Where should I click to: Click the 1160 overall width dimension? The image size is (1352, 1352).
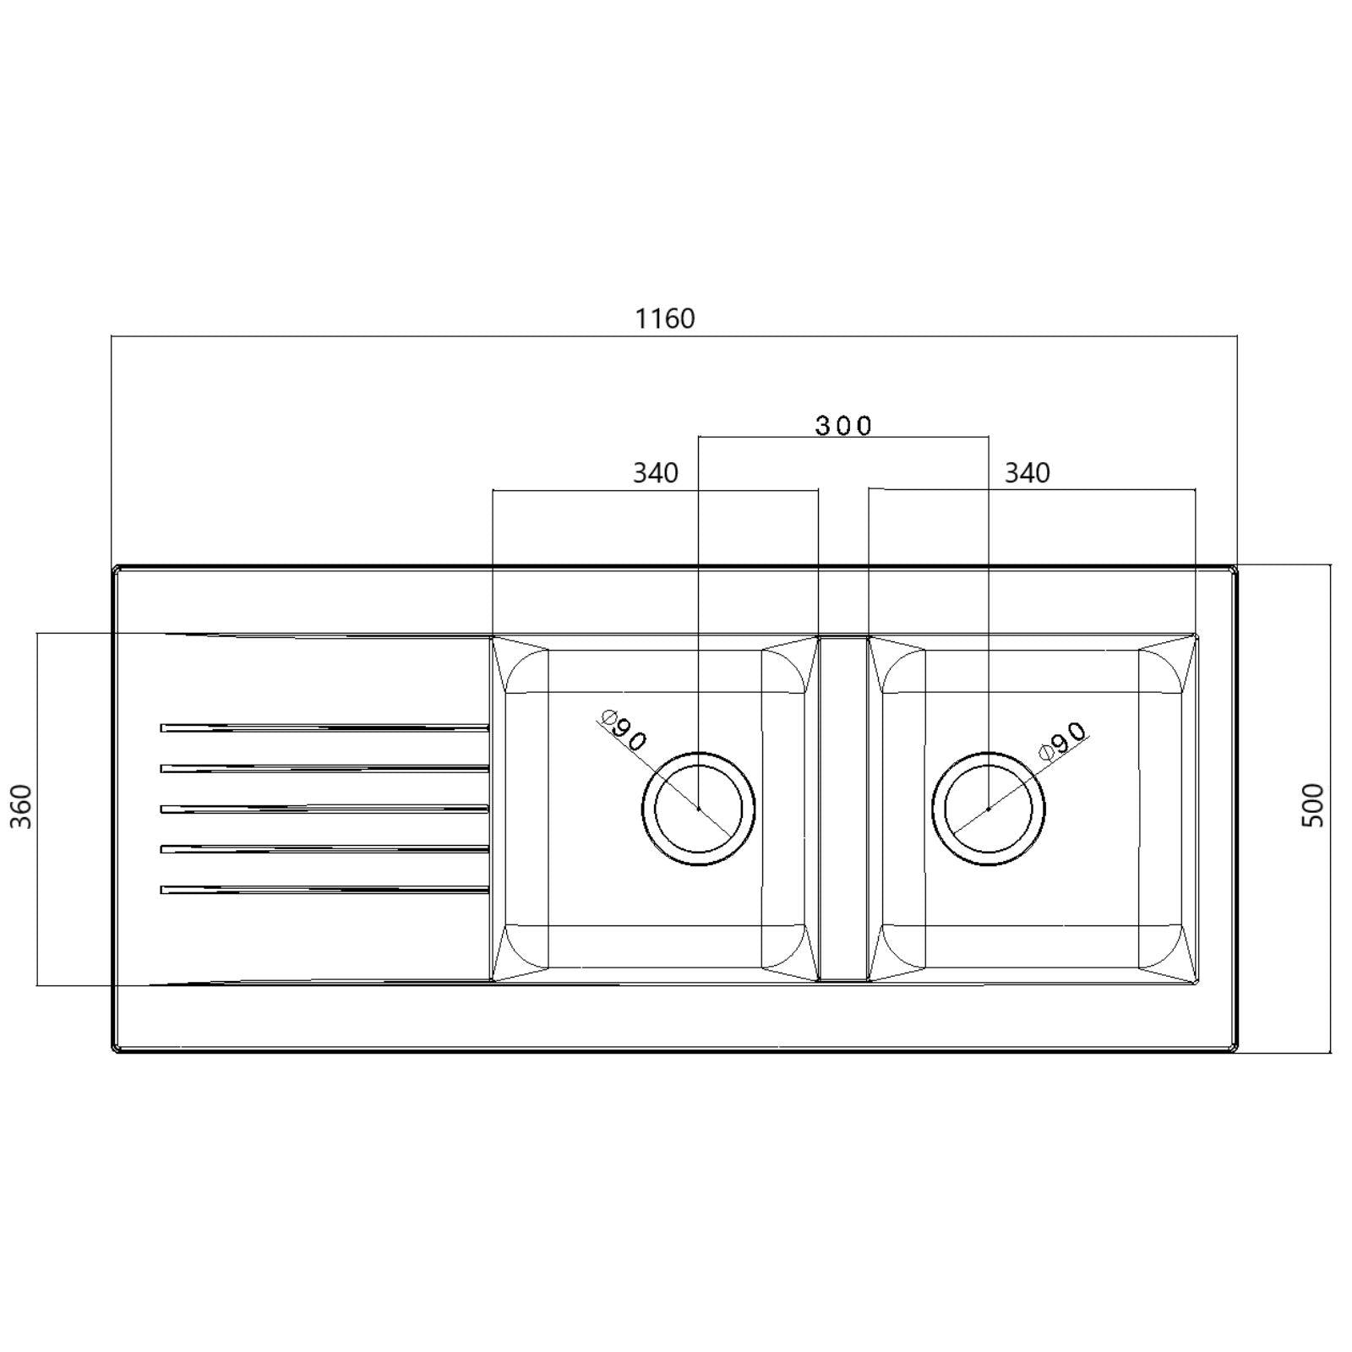[x=665, y=319]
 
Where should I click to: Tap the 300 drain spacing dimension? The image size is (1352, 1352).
[x=843, y=425]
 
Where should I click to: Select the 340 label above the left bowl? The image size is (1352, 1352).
[x=656, y=472]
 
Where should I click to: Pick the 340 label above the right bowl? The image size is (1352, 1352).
[x=1027, y=472]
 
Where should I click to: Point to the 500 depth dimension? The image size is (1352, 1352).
[x=1313, y=805]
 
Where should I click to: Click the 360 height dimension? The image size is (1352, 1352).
[x=21, y=807]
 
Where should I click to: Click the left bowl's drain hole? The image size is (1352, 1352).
[x=698, y=809]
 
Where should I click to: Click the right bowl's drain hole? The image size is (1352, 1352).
[x=989, y=809]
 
